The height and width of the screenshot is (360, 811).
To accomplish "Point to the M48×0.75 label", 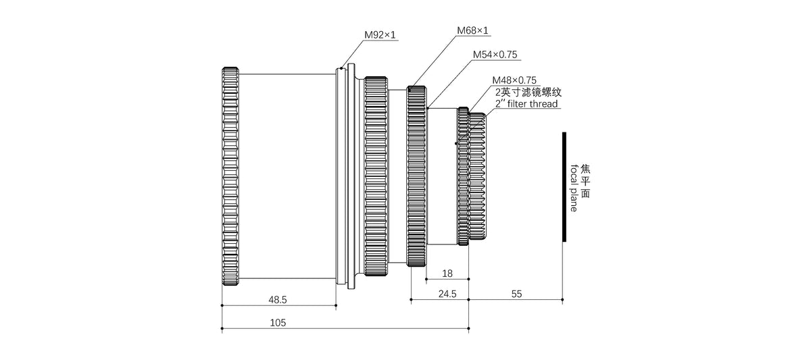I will pos(514,80).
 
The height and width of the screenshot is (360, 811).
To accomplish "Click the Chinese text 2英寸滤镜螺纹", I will pos(528,92).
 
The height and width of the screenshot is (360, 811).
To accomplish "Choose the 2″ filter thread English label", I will pos(526,103).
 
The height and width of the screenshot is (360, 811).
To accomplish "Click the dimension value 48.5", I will pos(277,299).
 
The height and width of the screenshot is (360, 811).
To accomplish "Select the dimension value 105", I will pos(277,323).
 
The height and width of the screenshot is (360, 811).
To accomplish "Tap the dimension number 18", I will pos(447,274).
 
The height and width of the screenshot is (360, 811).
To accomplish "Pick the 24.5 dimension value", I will pos(447,294).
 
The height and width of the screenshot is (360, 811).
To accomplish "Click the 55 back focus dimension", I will pos(516,294).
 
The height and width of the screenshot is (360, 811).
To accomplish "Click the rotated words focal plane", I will pos(574,188).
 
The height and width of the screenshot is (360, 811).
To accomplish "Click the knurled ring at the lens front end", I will pos(230,177).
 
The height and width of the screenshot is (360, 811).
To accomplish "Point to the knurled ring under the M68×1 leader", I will pos(416,177).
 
